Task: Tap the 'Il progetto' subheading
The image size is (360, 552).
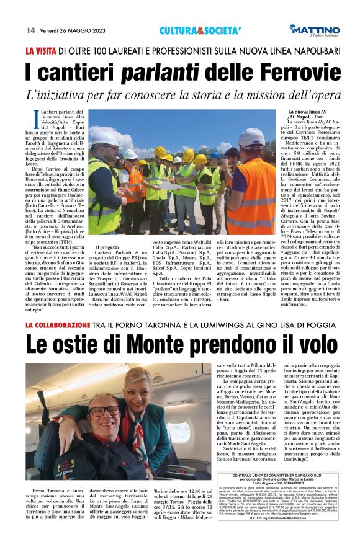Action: point(107,246)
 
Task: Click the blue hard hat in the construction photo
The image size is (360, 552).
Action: point(215,155)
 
